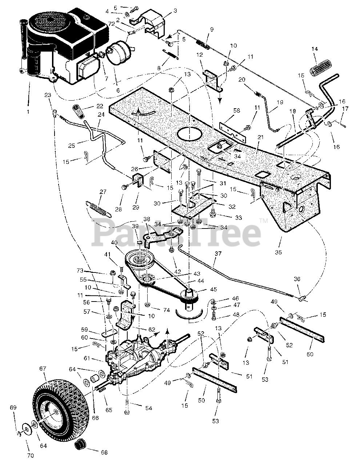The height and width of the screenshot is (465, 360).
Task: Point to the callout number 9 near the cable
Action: tap(212, 29)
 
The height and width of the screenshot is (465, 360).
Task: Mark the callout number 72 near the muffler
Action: tap(121, 24)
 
